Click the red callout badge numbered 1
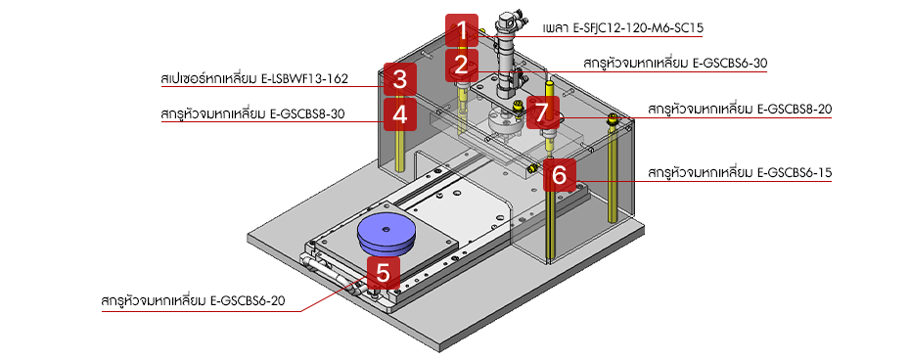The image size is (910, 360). click(460, 31)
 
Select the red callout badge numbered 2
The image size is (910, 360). click(460, 67)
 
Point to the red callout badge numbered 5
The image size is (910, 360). click(383, 271)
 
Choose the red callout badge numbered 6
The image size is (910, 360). click(559, 175)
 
